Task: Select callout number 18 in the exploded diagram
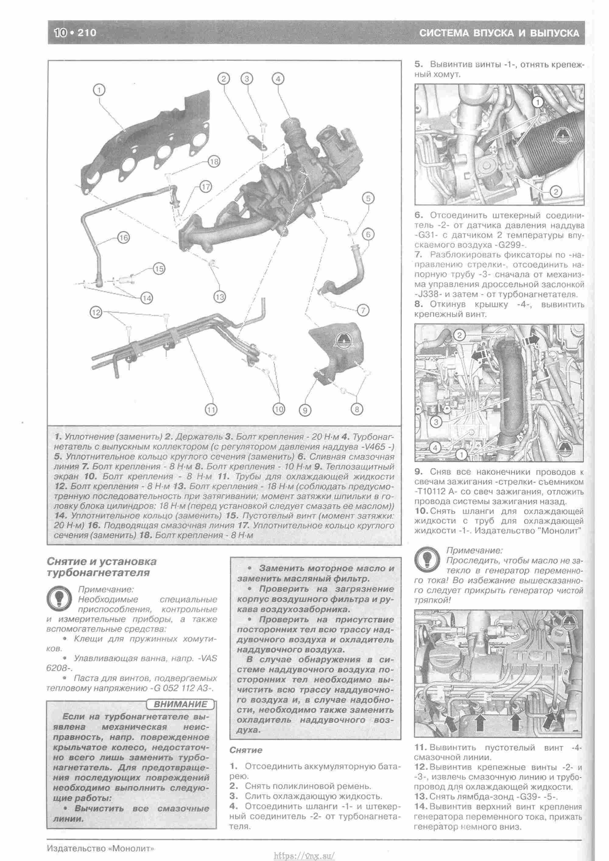tap(214, 162)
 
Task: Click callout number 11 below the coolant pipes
tap(212, 410)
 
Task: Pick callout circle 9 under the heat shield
tap(305, 410)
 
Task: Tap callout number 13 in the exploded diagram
tap(220, 297)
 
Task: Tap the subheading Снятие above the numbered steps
tap(246, 750)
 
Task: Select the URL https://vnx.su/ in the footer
tap(304, 852)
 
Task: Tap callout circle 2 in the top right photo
tap(555, 192)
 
